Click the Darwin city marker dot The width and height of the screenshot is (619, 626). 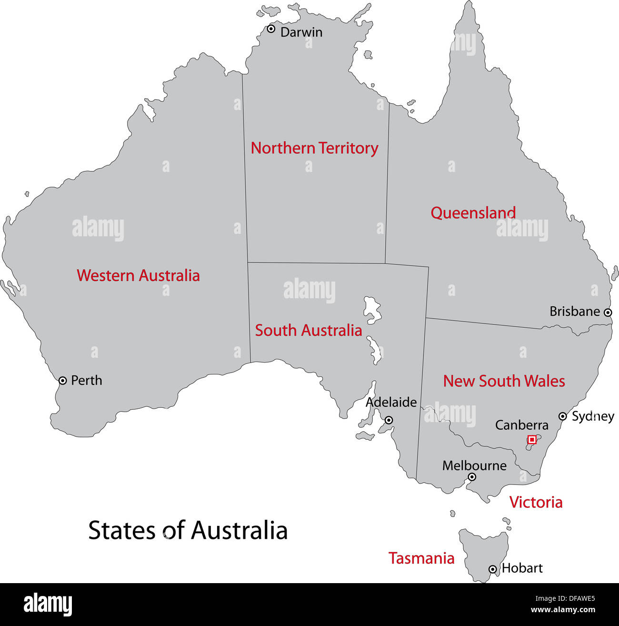click(271, 29)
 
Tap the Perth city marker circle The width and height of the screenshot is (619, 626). click(62, 381)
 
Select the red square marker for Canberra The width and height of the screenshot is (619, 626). click(532, 440)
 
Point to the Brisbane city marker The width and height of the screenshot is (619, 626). click(608, 313)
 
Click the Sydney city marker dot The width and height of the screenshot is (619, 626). click(562, 416)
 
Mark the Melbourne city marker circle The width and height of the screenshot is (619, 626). click(471, 477)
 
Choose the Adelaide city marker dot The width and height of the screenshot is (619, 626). click(389, 420)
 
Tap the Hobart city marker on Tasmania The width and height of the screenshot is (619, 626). click(493, 569)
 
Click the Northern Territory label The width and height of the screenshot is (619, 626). click(314, 148)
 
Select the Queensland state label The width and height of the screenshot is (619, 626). click(473, 213)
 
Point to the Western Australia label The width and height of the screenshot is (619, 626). click(138, 275)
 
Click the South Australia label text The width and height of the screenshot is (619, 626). click(308, 330)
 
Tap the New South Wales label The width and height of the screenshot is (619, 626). click(504, 381)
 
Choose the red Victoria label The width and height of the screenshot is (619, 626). click(536, 502)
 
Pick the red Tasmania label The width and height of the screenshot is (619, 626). click(421, 558)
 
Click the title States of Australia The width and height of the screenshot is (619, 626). click(188, 530)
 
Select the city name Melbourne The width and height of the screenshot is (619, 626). click(474, 465)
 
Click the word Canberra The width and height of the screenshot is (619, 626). click(521, 425)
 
